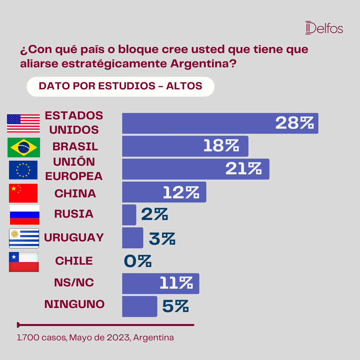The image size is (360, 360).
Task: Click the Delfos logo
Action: click(324, 28)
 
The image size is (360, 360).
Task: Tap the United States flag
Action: click(23, 123)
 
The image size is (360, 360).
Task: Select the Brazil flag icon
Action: click(24, 147)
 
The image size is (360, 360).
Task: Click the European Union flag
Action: click(23, 170)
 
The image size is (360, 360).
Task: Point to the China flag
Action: click(23, 193)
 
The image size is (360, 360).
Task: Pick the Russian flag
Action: click(25, 215)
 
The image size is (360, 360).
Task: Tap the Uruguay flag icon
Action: click(24, 238)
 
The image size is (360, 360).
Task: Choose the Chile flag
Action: click(24, 262)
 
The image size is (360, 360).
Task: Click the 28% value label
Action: click(294, 123)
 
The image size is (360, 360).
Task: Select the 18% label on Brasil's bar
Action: click(221, 146)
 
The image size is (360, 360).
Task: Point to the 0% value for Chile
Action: click(138, 261)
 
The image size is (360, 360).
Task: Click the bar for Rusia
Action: click(129, 215)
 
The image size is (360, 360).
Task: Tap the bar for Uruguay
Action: click(133, 238)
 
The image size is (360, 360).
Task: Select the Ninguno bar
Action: click(140, 307)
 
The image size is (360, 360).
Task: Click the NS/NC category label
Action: click(74, 282)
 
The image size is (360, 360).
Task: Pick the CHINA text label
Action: click(75, 193)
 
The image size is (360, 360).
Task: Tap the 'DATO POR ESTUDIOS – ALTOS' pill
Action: click(121, 87)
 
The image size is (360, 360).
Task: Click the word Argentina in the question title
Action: click(203, 64)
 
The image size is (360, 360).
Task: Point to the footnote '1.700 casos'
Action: click(42, 337)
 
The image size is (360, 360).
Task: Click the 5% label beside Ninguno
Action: click(175, 306)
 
